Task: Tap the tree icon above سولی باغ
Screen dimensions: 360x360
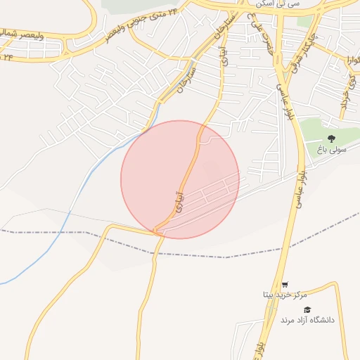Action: tap(331, 139)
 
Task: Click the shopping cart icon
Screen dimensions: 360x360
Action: tap(284, 285)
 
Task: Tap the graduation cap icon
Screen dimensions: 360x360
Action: tap(306, 310)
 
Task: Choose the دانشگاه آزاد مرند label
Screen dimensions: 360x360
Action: tap(307, 320)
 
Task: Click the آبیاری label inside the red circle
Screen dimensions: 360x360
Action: tap(179, 198)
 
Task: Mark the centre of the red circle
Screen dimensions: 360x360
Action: tap(180, 179)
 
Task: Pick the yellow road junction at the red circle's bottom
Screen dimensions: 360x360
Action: tap(157, 230)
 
